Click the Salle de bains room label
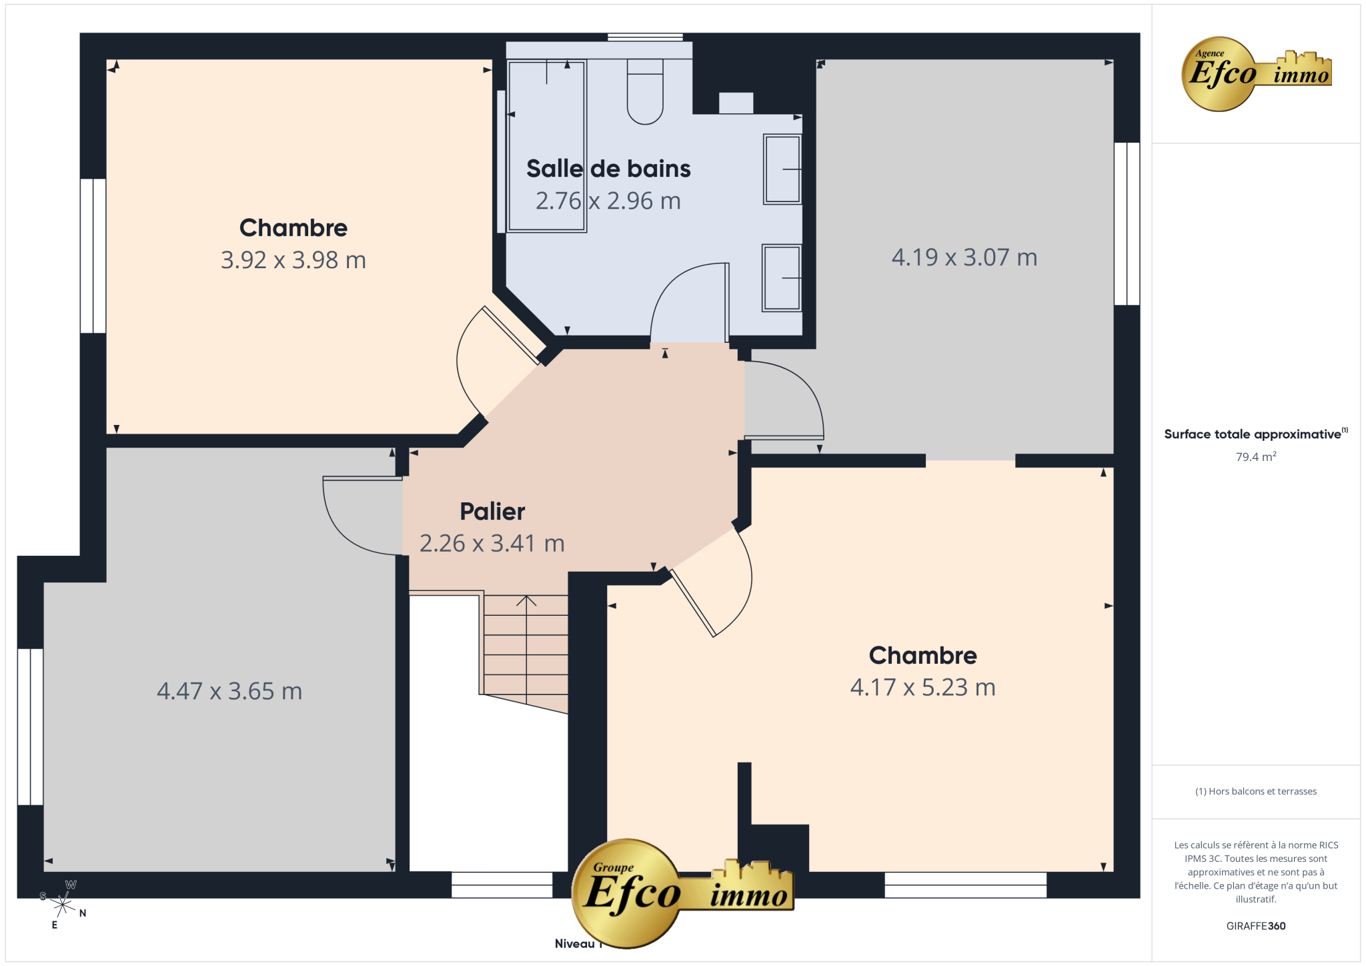click(x=608, y=169)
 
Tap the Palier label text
click(x=492, y=512)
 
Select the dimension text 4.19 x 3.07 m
click(x=964, y=258)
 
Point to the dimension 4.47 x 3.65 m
click(x=229, y=691)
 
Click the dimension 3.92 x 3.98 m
click(x=293, y=260)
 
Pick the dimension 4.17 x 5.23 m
click(x=923, y=687)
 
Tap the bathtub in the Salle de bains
click(x=546, y=146)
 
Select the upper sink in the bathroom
click(x=782, y=169)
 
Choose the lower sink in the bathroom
click(x=781, y=278)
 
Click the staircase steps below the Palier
click(x=526, y=650)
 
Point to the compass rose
click(x=63, y=905)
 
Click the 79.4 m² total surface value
click(x=1256, y=457)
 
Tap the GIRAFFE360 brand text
click(x=1256, y=926)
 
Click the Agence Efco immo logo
click(x=1257, y=74)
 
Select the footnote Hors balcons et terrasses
click(x=1256, y=791)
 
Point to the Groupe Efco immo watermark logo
click(x=682, y=893)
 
